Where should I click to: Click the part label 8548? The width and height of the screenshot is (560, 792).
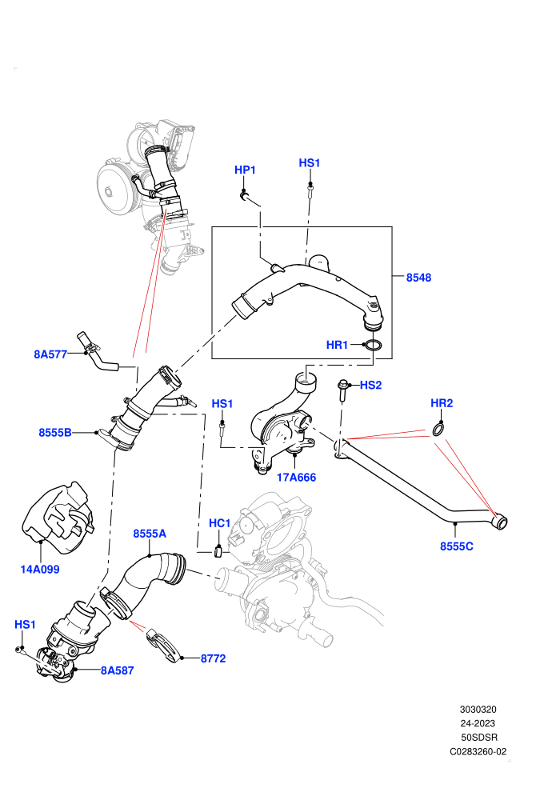coord(418,278)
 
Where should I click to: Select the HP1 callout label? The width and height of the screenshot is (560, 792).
coord(245,170)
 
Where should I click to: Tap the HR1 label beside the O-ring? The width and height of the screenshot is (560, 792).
coord(337,345)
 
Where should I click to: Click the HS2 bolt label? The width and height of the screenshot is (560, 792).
coord(370,386)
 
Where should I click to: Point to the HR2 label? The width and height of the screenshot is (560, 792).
coord(442,403)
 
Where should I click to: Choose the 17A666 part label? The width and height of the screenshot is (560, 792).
coord(297,478)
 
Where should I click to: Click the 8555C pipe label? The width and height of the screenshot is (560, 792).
coord(457,546)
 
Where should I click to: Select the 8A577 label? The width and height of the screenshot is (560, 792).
coord(50,354)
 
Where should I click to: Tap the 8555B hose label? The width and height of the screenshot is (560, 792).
coord(55,432)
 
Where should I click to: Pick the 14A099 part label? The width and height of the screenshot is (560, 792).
coord(40,570)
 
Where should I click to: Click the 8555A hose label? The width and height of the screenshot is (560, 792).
coord(150,534)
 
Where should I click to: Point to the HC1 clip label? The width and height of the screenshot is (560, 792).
coord(220,523)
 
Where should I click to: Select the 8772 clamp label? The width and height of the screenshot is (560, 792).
coord(213,658)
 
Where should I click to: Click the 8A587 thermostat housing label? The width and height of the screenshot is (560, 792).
coord(117,670)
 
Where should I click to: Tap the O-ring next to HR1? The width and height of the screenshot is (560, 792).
coord(373,346)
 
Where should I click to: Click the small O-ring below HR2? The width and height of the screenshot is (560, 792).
coord(439,430)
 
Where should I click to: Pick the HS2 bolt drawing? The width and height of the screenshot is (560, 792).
coord(342,390)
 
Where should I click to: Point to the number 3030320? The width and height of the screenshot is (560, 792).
coord(478,709)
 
